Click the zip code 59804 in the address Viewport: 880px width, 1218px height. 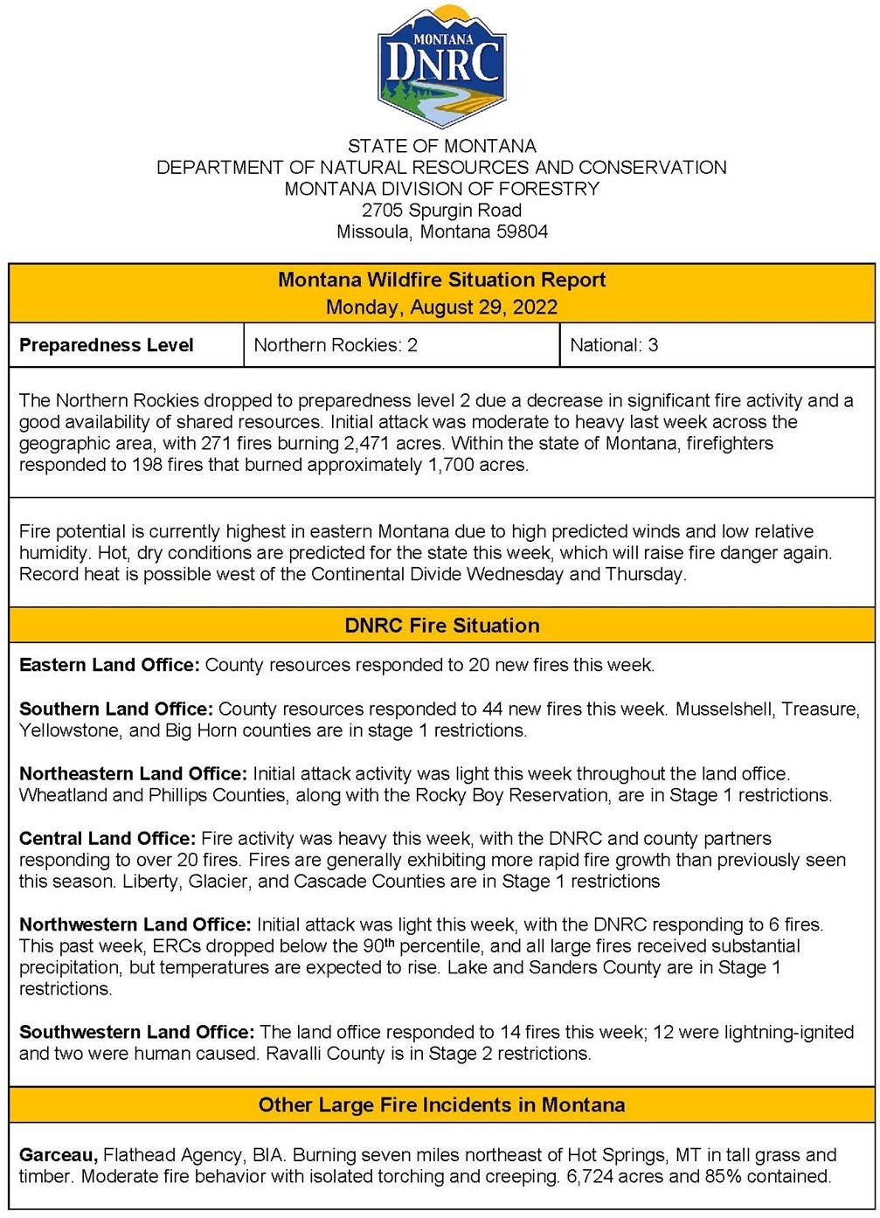[x=522, y=232]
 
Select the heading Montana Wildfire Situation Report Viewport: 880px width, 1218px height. [x=441, y=280]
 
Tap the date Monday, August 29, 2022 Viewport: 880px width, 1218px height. [x=441, y=308]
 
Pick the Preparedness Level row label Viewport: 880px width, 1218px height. [x=107, y=345]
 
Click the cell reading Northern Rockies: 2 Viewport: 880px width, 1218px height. [x=336, y=345]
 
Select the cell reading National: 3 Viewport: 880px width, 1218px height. [x=613, y=345]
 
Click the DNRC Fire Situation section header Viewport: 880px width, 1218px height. [x=441, y=626]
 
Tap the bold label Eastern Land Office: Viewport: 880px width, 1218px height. [x=109, y=665]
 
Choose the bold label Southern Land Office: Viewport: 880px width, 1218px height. [x=116, y=709]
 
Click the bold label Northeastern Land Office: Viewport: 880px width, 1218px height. [x=134, y=774]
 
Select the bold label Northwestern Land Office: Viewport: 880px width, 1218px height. [x=135, y=924]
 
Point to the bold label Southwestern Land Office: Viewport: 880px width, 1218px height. [x=137, y=1033]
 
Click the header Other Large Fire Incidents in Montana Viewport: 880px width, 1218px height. [x=441, y=1105]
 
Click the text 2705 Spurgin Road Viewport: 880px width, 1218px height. [x=441, y=211]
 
